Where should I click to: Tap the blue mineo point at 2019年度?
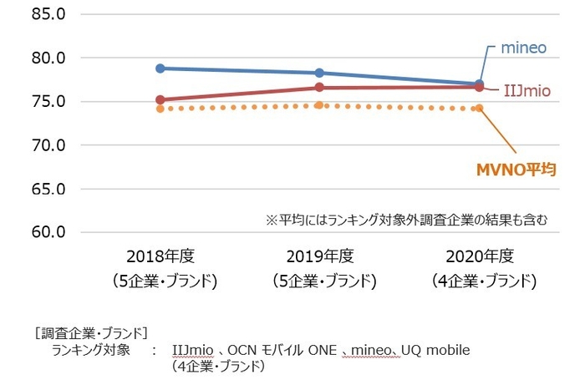(x=319, y=73)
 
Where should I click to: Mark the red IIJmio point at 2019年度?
(x=319, y=87)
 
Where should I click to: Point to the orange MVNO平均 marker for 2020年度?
(x=479, y=108)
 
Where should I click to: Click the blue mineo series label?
(x=523, y=48)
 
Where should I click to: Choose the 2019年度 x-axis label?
(x=323, y=257)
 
